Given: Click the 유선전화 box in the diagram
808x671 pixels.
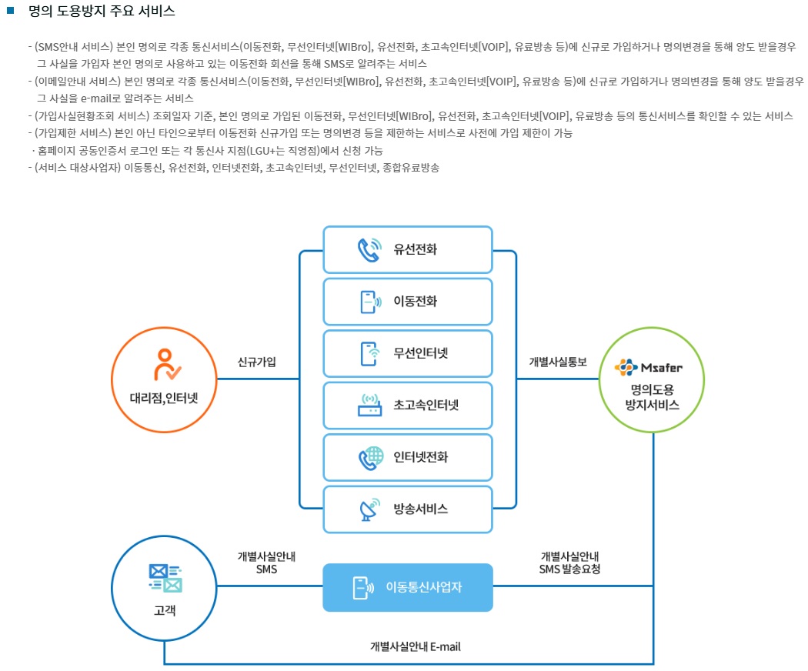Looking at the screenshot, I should (x=408, y=249).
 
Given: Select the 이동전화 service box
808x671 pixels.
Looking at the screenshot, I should (x=408, y=302).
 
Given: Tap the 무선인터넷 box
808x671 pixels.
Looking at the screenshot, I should (x=408, y=353).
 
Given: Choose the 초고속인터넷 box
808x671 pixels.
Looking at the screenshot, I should (x=408, y=405).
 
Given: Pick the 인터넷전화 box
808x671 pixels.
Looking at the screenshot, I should (x=408, y=457).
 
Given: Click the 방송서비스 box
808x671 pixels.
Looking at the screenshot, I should (x=408, y=509).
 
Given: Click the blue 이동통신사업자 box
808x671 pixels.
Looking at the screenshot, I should (x=408, y=588).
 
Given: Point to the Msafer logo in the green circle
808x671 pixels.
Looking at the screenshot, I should (x=648, y=367).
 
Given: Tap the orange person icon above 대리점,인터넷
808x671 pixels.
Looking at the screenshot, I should (x=165, y=366).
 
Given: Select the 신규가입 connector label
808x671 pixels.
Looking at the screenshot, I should (x=257, y=362).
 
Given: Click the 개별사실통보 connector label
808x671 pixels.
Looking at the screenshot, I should (x=558, y=362).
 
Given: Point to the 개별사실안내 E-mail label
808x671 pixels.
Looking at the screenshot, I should (x=415, y=646).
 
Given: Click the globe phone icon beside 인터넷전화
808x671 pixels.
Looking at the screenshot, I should (x=371, y=457).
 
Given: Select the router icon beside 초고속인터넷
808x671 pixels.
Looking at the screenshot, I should (x=371, y=406).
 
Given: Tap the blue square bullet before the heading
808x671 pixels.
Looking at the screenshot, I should (x=11, y=11).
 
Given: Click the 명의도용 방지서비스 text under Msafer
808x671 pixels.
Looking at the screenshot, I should (x=652, y=397).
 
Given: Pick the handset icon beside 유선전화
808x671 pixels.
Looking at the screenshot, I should (x=369, y=250).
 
